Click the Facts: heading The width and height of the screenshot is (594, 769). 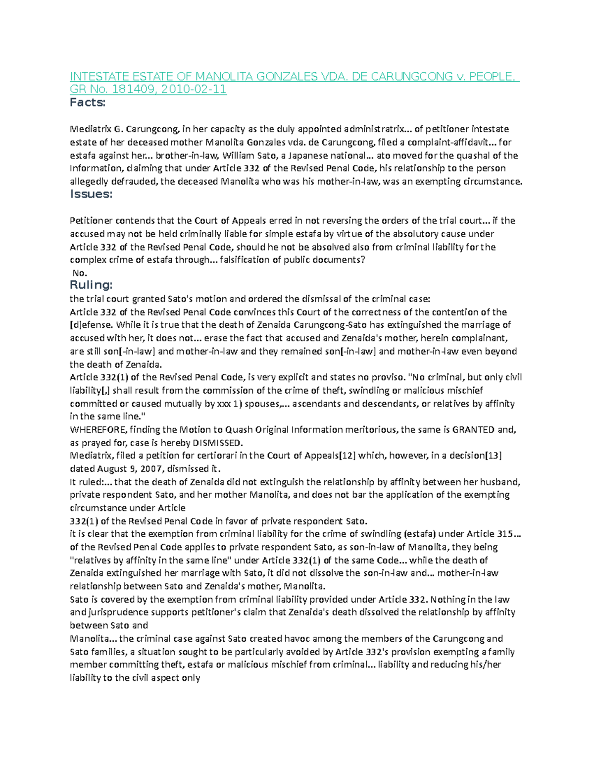88,103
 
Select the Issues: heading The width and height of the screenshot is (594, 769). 91,194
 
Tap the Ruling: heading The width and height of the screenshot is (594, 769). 91,285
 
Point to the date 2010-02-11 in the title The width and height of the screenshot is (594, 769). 194,90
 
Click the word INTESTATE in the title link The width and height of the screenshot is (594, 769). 98,77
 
